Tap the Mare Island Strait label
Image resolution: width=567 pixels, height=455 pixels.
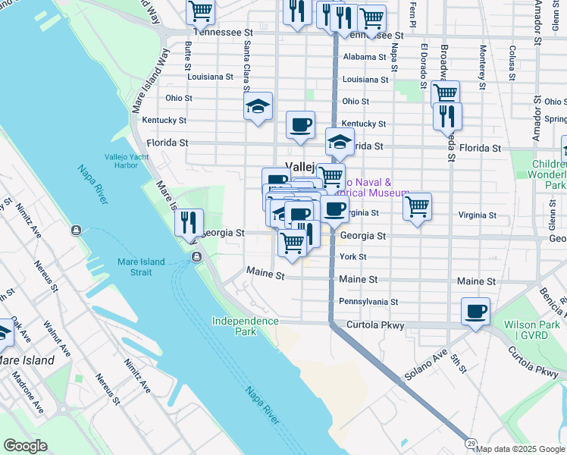click(x=141, y=267)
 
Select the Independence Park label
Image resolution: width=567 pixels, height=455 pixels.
click(x=245, y=326)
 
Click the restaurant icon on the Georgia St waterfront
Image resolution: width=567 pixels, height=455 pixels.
click(x=189, y=223)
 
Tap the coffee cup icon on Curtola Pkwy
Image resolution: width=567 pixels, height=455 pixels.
click(x=475, y=312)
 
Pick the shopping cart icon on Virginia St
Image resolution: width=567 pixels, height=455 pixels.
click(x=417, y=206)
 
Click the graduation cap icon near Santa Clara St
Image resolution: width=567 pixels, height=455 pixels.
click(x=258, y=107)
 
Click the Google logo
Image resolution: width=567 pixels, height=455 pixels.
click(x=24, y=446)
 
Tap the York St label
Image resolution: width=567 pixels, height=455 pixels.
click(x=352, y=257)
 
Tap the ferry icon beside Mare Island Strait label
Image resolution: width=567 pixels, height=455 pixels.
click(x=196, y=258)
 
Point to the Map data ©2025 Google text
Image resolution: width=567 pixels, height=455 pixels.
click(x=520, y=449)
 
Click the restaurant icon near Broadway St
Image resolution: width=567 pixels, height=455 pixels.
click(x=447, y=116)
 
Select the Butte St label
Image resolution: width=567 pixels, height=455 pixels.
click(x=187, y=55)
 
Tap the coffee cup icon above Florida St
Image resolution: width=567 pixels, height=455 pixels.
click(x=300, y=124)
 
